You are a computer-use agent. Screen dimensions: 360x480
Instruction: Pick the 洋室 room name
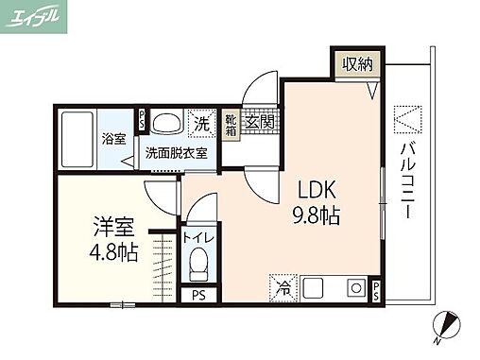click(x=112, y=227)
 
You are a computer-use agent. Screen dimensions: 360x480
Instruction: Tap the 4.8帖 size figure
click(x=112, y=252)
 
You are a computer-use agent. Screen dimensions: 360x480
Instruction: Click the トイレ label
click(x=198, y=238)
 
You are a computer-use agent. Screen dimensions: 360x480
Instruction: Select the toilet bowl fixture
click(x=198, y=266)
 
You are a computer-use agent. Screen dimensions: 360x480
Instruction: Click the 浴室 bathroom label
click(x=113, y=139)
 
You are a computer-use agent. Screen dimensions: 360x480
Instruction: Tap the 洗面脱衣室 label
click(x=178, y=152)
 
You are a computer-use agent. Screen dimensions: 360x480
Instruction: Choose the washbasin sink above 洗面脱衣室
click(x=168, y=124)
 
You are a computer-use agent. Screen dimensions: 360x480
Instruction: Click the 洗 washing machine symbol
click(x=201, y=123)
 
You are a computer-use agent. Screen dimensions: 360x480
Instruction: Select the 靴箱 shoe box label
click(x=231, y=125)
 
